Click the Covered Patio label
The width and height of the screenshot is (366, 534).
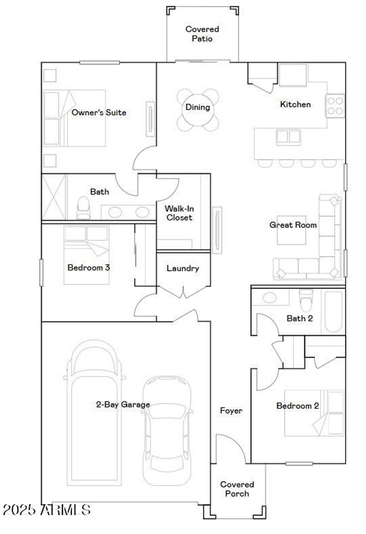(x=202, y=34)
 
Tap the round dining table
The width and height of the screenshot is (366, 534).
(x=198, y=110)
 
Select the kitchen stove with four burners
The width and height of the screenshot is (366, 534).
(x=335, y=106)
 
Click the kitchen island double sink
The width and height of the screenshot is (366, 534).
(x=288, y=137)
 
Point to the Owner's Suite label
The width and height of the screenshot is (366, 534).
(x=99, y=112)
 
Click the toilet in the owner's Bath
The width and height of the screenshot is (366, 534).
(x=84, y=208)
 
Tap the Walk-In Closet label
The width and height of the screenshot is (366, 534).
(x=179, y=213)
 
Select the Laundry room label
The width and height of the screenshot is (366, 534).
(x=183, y=268)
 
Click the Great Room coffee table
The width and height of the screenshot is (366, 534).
(x=291, y=230)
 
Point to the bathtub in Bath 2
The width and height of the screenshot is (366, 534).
(x=333, y=311)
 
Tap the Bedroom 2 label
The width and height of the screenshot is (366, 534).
(x=297, y=406)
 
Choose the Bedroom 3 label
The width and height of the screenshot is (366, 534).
(x=88, y=267)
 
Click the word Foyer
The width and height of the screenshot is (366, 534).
(x=231, y=411)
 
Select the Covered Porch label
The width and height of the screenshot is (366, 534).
(x=237, y=489)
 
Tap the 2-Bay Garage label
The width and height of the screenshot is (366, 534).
(x=123, y=404)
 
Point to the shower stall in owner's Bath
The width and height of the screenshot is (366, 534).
(x=54, y=197)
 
